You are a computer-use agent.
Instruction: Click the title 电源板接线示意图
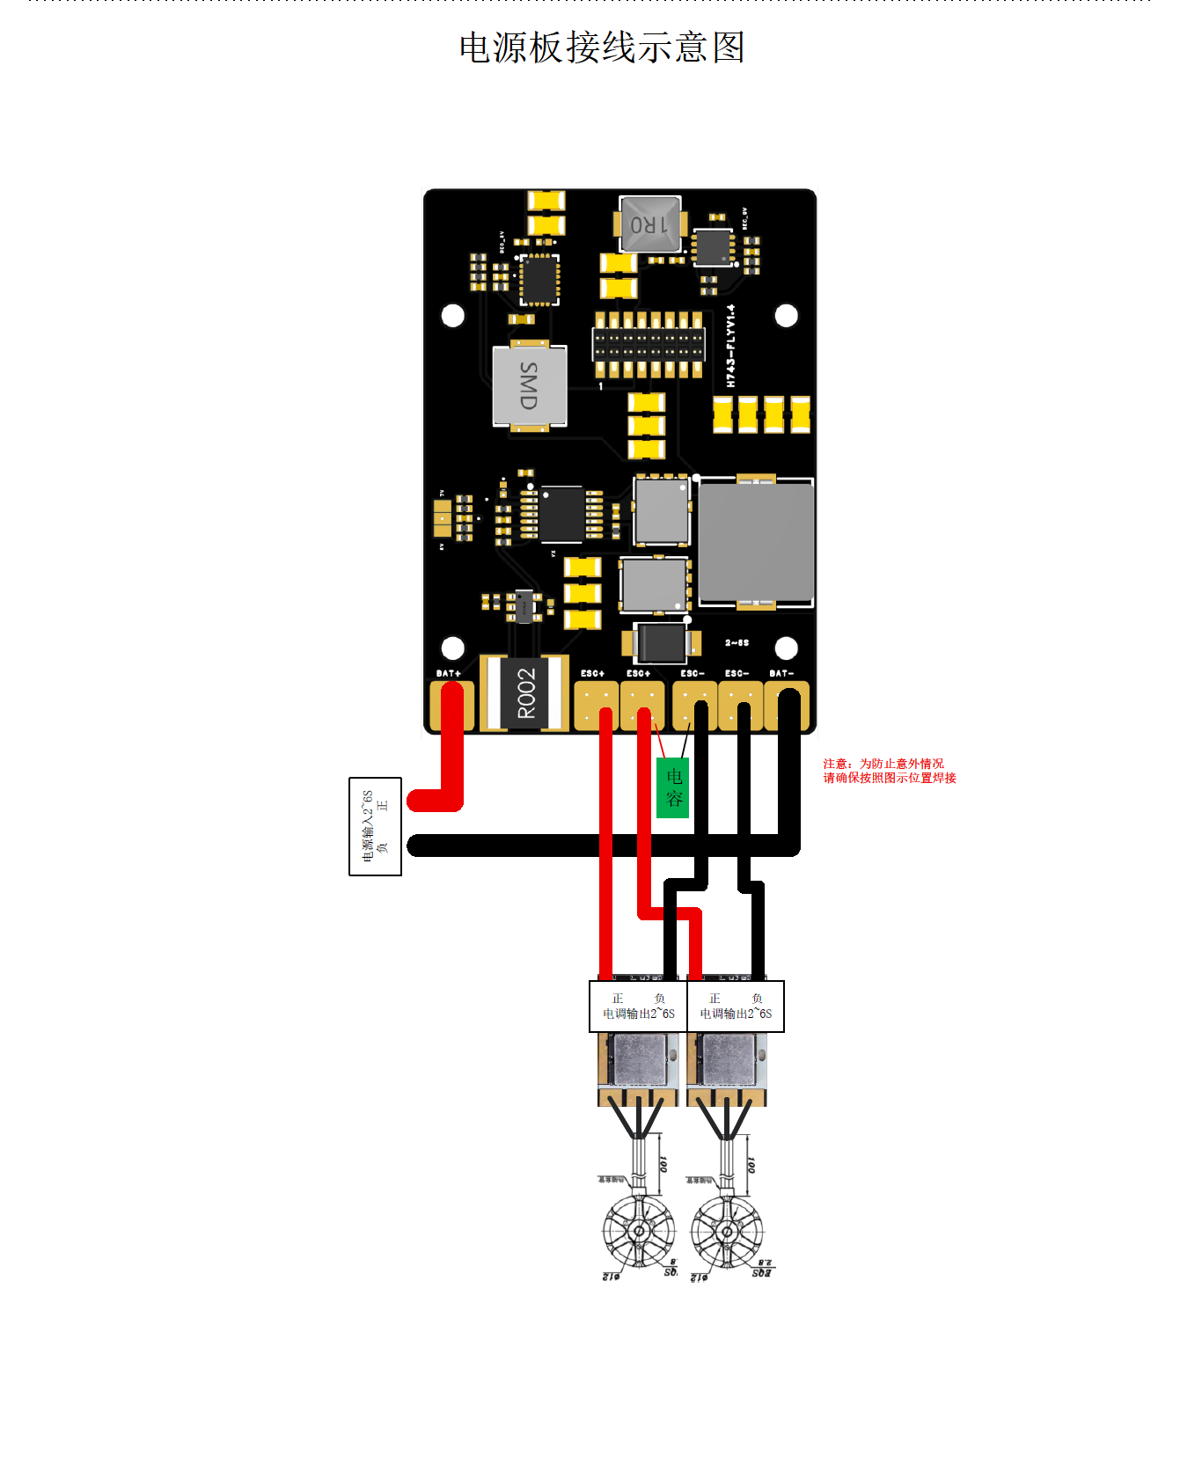602,48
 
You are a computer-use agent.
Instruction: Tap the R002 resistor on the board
525,693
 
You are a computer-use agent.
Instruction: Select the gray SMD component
529,386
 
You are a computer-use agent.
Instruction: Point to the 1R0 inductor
649,223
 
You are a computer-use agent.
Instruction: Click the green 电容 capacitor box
673,787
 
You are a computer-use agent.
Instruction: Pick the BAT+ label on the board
449,673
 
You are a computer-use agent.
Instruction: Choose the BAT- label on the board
781,673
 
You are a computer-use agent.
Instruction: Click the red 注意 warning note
889,771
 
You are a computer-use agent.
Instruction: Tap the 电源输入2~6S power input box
376,826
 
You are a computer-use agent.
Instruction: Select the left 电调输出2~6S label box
638,1007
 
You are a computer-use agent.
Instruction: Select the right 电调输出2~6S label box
736,1007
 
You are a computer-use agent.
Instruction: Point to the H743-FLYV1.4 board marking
730,346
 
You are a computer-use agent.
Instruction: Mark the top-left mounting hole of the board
452,316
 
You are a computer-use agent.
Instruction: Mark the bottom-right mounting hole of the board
786,648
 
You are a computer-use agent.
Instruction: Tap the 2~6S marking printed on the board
737,643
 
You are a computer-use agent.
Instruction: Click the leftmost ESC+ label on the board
592,673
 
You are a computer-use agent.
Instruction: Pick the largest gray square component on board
756,541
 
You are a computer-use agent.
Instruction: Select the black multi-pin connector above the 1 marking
649,344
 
